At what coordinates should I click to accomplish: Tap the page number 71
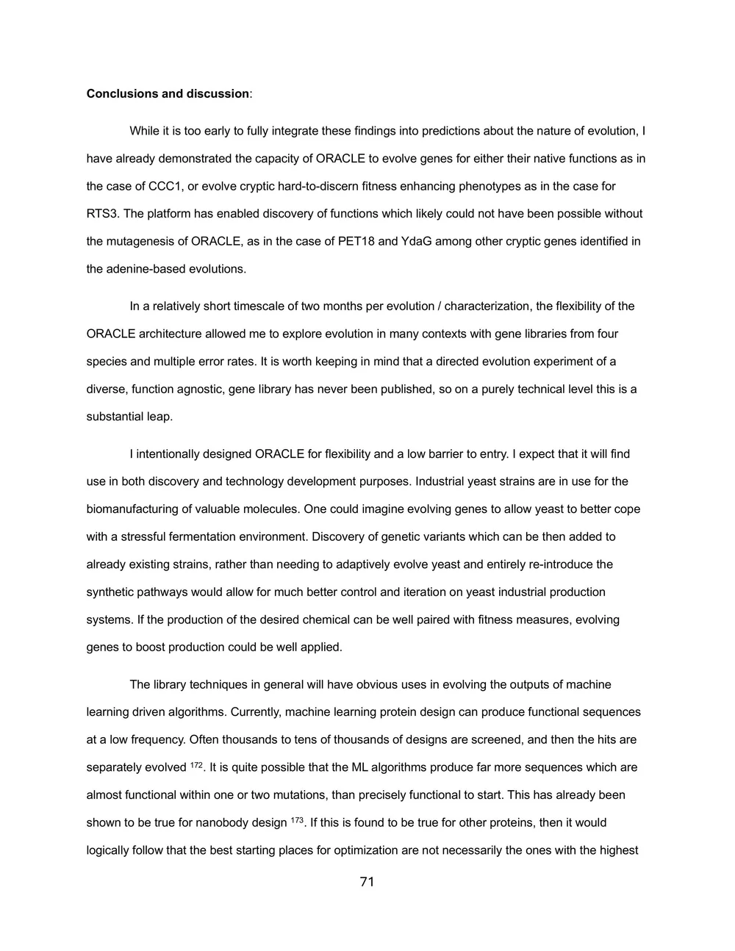coord(367,882)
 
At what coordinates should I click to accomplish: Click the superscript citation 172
coord(196,766)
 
